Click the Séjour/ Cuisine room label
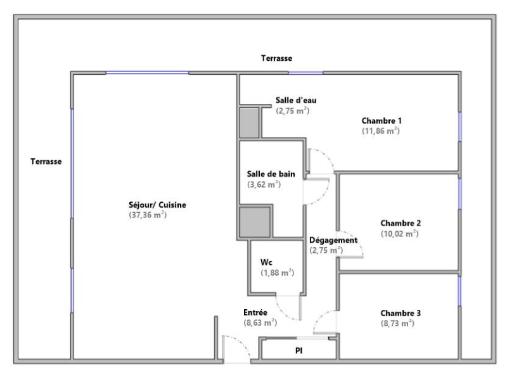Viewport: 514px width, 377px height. pyautogui.click(x=157, y=205)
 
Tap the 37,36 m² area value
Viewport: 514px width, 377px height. pyautogui.click(x=148, y=215)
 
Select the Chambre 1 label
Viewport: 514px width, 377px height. pyautogui.click(x=382, y=120)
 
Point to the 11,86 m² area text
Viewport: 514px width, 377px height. pyautogui.click(x=380, y=131)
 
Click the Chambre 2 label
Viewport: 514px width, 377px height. pyautogui.click(x=401, y=223)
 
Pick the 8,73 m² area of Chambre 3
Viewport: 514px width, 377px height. pyautogui.click(x=397, y=323)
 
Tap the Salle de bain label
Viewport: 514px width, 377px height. pyautogui.click(x=271, y=174)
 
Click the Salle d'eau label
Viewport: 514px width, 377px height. pyautogui.click(x=296, y=100)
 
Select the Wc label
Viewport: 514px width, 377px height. pyautogui.click(x=266, y=262)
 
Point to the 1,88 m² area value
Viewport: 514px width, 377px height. pyautogui.click(x=278, y=272)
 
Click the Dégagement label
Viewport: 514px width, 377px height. pyautogui.click(x=333, y=240)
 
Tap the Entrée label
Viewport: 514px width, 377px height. pyautogui.click(x=255, y=312)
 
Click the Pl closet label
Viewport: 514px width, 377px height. pyautogui.click(x=299, y=351)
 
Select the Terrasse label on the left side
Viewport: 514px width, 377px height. pyautogui.click(x=46, y=162)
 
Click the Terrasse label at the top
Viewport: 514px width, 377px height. pyautogui.click(x=276, y=58)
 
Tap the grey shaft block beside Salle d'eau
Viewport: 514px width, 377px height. pyautogui.click(x=249, y=123)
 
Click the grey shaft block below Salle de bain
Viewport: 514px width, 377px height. pyautogui.click(x=255, y=222)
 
